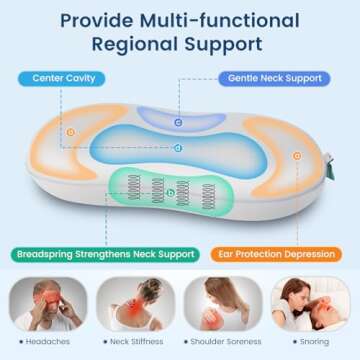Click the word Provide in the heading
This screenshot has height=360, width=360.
tap(92, 19)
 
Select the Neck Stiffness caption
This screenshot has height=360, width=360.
tap(135, 342)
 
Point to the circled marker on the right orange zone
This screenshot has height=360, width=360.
tap(296, 155)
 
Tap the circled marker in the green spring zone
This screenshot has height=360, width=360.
tap(170, 192)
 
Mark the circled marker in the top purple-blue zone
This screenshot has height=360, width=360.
tap(178, 122)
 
